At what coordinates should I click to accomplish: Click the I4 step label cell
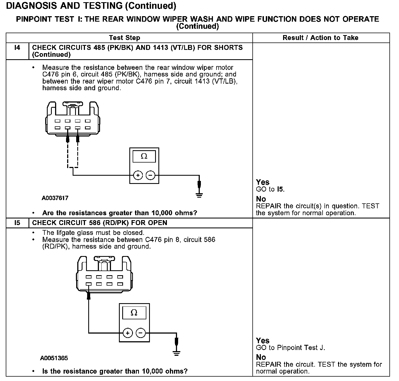point(17,48)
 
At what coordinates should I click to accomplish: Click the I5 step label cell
point(17,223)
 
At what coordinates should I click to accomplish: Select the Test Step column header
point(124,38)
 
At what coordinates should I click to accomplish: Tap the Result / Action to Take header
point(320,38)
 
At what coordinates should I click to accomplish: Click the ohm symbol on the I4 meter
point(144,157)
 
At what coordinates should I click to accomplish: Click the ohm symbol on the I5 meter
point(134,313)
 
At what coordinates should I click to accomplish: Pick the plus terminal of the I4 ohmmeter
point(138,175)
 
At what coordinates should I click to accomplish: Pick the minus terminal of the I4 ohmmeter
point(150,175)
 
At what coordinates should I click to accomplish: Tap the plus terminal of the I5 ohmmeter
point(128,333)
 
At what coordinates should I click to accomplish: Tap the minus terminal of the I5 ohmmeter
point(141,333)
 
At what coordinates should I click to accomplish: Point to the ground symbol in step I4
point(199,195)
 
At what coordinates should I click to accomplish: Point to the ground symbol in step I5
point(177,353)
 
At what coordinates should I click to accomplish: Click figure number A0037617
point(55,198)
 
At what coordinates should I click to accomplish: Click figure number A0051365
point(54,358)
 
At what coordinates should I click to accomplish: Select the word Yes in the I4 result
point(263,182)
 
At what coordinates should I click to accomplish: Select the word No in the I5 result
point(261,357)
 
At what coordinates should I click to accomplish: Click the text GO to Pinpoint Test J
point(290,348)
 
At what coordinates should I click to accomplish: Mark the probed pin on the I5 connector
point(89,284)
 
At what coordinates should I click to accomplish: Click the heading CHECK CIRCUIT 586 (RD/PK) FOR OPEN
point(99,223)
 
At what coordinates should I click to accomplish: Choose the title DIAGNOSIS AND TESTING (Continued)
point(91,6)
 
